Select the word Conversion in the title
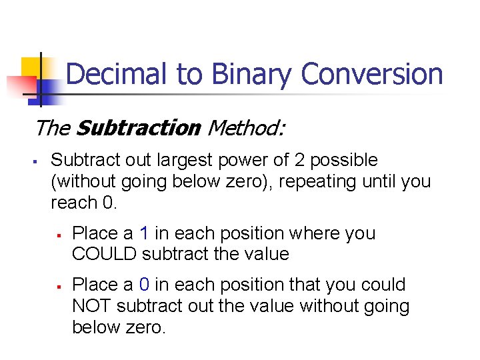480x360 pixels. [x=372, y=74]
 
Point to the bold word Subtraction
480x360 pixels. [x=139, y=127]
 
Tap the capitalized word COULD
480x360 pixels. [x=102, y=254]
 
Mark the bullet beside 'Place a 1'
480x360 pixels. [x=59, y=235]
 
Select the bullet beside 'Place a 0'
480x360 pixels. [x=59, y=286]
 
